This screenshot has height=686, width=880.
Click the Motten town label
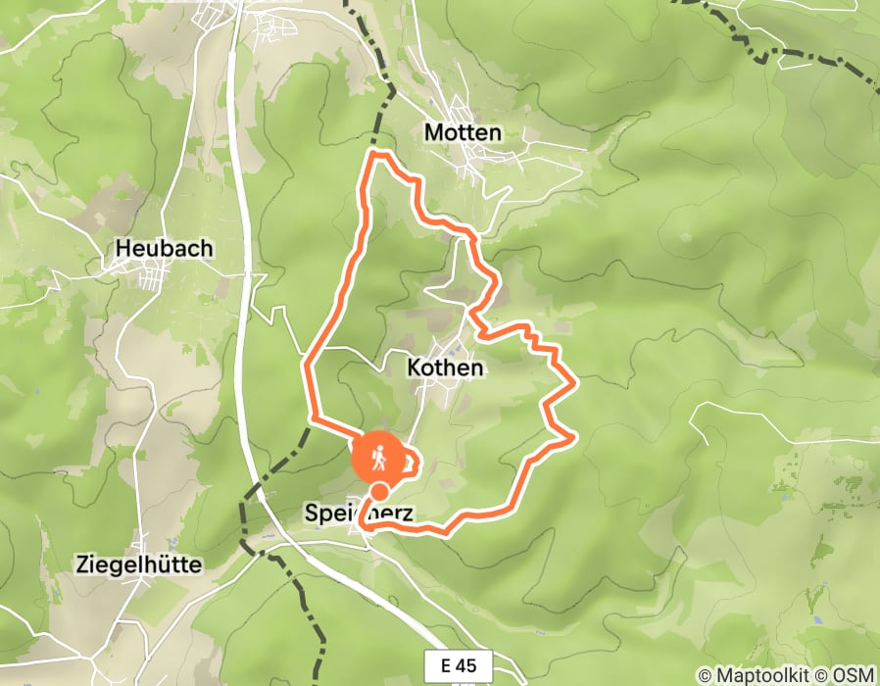[463, 132]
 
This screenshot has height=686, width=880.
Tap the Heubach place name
[164, 249]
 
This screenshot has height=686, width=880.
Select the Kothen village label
[445, 368]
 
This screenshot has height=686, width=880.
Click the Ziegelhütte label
[139, 564]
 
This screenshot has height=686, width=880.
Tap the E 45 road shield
[459, 665]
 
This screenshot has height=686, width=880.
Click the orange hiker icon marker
[377, 457]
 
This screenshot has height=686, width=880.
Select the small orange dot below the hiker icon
[378, 492]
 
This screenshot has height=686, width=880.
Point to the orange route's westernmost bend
[307, 366]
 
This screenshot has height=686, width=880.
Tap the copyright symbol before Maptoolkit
[705, 674]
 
